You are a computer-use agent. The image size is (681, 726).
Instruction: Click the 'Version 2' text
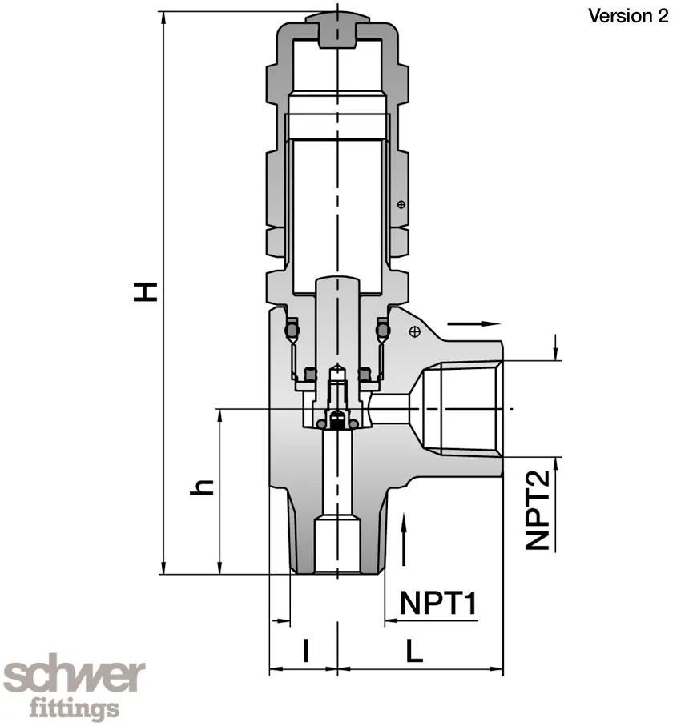[x=628, y=16]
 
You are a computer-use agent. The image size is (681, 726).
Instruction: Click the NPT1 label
[x=438, y=603]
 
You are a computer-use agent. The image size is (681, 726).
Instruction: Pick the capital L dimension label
[x=413, y=650]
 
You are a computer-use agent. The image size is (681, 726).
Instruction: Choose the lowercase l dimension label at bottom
[x=305, y=650]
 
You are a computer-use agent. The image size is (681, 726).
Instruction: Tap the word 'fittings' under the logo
[x=74, y=708]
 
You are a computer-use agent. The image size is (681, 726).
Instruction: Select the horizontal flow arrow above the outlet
[x=474, y=323]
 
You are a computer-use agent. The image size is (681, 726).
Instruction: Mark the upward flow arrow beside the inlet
[x=406, y=541]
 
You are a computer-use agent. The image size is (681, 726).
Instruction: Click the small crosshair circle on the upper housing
[x=401, y=205]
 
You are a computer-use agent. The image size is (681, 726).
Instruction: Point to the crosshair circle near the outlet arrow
[x=414, y=331]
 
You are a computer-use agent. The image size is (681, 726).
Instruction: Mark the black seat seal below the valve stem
[x=338, y=421]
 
